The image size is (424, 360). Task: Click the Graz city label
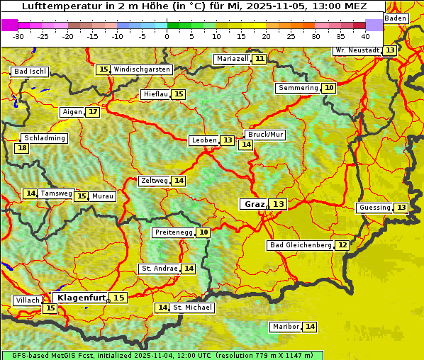[x=254, y=204]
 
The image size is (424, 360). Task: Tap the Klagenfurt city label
[x=82, y=298]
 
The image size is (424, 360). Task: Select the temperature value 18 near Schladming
[x=22, y=148]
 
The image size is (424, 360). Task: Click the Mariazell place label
[x=232, y=59]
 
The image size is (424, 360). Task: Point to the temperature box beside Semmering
[x=328, y=88]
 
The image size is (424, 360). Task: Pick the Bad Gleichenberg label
[x=300, y=245]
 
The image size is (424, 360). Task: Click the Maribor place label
[x=285, y=327]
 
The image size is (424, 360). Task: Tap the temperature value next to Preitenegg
[x=203, y=232]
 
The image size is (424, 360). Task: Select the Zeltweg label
[x=154, y=181]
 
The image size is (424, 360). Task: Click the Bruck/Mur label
[x=265, y=135]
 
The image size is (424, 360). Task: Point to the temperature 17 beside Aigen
[x=93, y=112]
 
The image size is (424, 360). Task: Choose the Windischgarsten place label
[x=142, y=69]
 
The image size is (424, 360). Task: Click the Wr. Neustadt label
[x=357, y=51]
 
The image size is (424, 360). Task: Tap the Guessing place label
[x=374, y=208]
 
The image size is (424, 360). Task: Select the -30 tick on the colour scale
[x=18, y=35]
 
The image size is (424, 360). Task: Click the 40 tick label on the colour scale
[x=365, y=35]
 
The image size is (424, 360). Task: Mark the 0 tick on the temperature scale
[x=167, y=35]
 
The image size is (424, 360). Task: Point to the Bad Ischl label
[x=30, y=72]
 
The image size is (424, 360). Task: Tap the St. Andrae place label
[x=159, y=269]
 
